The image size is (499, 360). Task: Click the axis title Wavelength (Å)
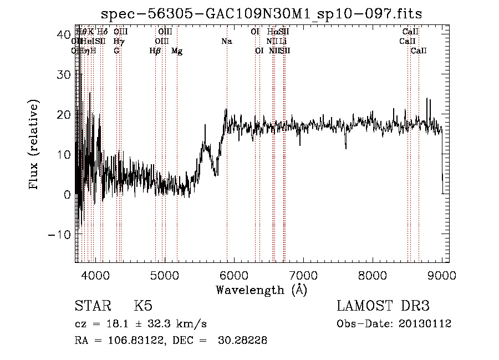(x=261, y=290)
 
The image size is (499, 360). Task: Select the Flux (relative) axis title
(x=34, y=145)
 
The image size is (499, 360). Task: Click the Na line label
(x=226, y=41)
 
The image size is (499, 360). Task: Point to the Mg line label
(x=177, y=51)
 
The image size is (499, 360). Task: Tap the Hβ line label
(x=155, y=51)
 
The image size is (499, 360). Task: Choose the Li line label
(x=283, y=41)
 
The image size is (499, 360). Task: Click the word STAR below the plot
(x=92, y=307)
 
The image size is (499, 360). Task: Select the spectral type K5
(x=143, y=307)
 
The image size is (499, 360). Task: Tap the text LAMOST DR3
(x=383, y=307)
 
